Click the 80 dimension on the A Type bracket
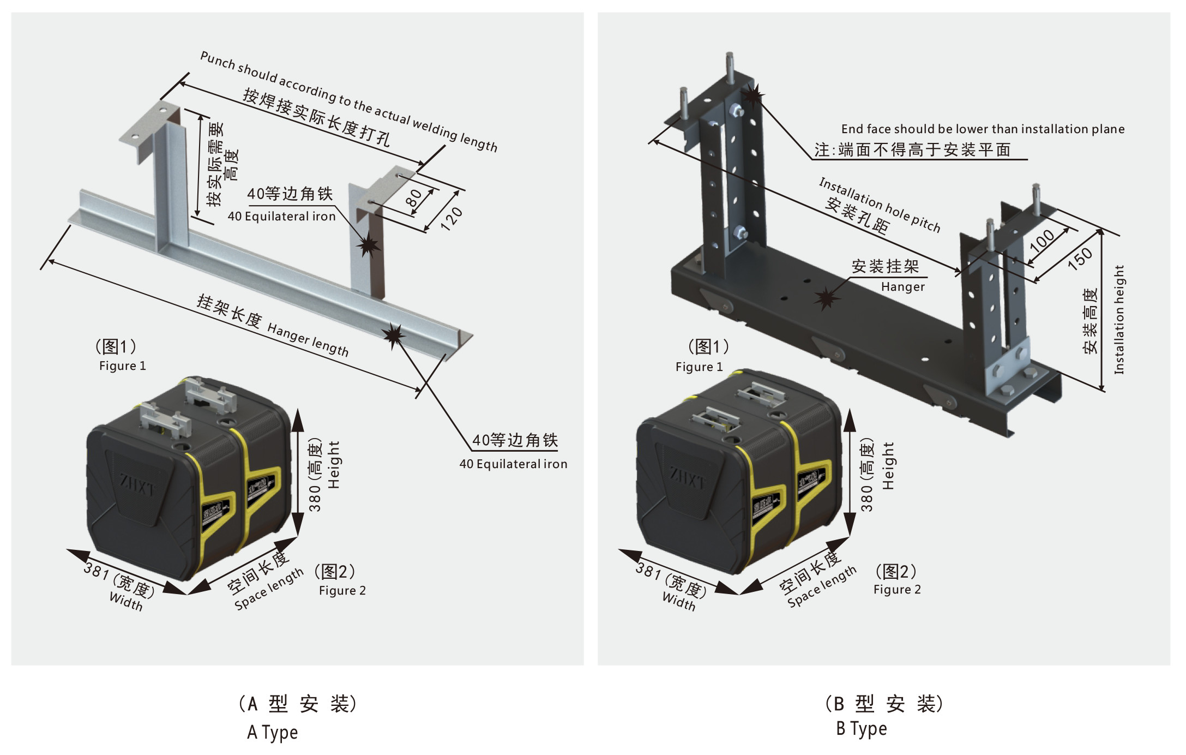414,198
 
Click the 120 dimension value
451,218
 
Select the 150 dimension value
1080,259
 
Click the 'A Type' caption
272,732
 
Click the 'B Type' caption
862,729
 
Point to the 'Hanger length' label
308,339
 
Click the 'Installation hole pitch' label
880,205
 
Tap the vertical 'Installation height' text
1119,319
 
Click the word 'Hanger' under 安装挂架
903,287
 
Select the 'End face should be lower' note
983,129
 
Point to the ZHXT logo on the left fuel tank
137,485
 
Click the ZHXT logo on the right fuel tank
688,478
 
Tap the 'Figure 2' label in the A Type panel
342,591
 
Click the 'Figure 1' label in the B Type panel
699,367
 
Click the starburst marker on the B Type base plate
827,298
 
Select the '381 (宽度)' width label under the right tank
671,580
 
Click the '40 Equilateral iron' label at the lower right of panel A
513,464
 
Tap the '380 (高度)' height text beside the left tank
315,475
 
